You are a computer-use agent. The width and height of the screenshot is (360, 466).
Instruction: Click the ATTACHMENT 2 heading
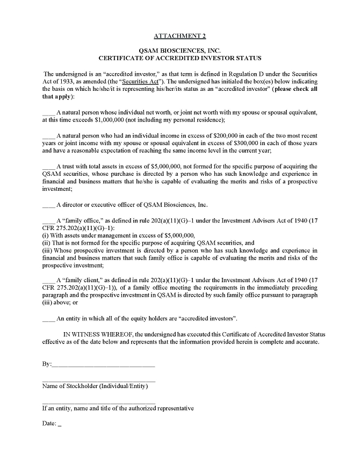[x=179, y=36]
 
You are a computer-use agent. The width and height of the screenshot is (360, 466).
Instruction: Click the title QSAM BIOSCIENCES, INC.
[x=179, y=50]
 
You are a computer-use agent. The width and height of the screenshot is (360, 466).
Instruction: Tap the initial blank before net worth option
[x=48, y=113]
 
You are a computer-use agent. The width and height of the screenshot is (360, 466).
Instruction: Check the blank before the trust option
[x=48, y=167]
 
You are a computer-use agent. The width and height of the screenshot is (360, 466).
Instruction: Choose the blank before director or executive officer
[x=48, y=205]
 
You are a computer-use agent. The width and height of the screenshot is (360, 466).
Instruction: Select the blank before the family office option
[x=48, y=221]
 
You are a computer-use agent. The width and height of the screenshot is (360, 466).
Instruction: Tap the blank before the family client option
[x=48, y=281]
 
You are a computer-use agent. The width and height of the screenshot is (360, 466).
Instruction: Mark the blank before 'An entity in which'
[x=48, y=319]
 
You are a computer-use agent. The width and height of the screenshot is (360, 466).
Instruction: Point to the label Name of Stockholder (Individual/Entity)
[x=95, y=386]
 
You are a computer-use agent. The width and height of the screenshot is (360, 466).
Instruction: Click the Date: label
[x=49, y=424]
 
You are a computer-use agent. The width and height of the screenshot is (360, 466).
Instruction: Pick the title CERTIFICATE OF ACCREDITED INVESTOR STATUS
[x=179, y=58]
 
